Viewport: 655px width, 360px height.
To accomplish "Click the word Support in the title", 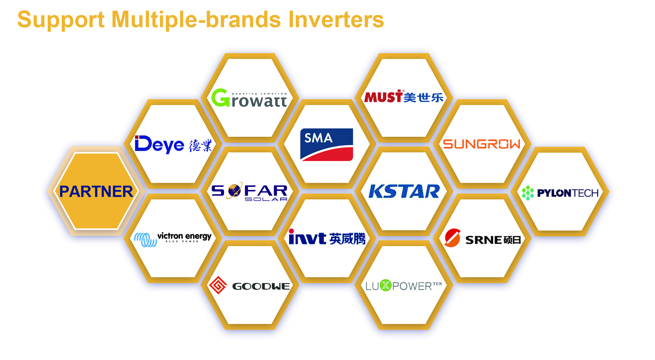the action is pyautogui.click(x=61, y=20).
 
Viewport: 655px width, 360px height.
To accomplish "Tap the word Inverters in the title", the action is pyautogui.click(x=336, y=19).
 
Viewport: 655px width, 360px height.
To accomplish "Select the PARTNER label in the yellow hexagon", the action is pyautogui.click(x=96, y=192).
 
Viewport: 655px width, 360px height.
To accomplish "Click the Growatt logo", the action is pyautogui.click(x=249, y=98).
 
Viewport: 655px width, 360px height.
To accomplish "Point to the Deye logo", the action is pyautogui.click(x=173, y=144).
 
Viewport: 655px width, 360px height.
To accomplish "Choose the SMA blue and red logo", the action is pyautogui.click(x=327, y=144).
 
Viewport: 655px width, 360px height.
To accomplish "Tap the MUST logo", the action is pyautogui.click(x=404, y=96).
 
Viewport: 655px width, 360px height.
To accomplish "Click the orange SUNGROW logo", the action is pyautogui.click(x=481, y=144).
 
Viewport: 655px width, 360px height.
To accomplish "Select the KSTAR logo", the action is pyautogui.click(x=404, y=191).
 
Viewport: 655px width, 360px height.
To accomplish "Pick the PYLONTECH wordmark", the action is pyautogui.click(x=568, y=193).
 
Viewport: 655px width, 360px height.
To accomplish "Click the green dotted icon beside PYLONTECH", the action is pyautogui.click(x=528, y=193).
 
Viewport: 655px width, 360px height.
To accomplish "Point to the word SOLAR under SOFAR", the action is pyautogui.click(x=266, y=199).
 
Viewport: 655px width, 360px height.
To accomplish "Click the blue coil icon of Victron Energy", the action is pyautogui.click(x=145, y=240).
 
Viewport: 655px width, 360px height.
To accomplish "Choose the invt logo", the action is pyautogui.click(x=327, y=237).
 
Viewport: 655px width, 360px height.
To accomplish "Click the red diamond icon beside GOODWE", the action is pyautogui.click(x=218, y=285).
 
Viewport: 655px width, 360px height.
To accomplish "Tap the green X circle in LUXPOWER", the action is pyautogui.click(x=386, y=285).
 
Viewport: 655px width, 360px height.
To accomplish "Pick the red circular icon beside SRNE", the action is pyautogui.click(x=452, y=238).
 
